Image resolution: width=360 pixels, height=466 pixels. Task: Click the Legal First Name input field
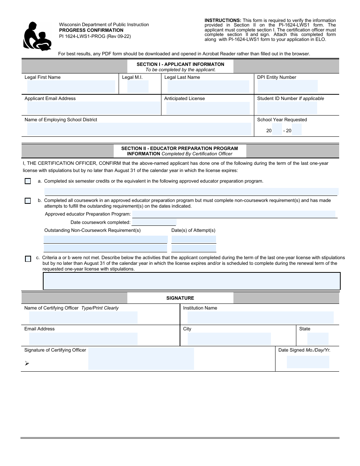click(x=71, y=87)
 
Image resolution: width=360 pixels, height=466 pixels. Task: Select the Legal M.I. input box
click(x=138, y=87)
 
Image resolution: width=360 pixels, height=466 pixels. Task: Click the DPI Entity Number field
click(x=287, y=86)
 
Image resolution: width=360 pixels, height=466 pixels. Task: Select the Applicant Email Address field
click(x=94, y=108)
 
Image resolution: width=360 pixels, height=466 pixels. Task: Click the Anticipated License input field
click(x=208, y=108)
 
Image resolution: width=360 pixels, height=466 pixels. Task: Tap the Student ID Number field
click(x=287, y=108)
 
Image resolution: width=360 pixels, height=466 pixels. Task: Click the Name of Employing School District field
click(x=139, y=129)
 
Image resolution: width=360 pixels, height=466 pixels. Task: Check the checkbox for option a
click(x=28, y=181)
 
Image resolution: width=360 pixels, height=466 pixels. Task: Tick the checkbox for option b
click(x=28, y=201)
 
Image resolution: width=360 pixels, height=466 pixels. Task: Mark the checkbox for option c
click(x=28, y=259)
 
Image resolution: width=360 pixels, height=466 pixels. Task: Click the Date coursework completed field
click(x=153, y=222)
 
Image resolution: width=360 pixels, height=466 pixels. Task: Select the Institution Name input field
click(x=260, y=317)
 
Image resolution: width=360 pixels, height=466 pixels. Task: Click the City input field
click(x=229, y=339)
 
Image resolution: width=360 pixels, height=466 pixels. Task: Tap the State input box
click(x=318, y=339)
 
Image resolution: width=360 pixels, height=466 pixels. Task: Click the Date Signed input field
click(x=308, y=362)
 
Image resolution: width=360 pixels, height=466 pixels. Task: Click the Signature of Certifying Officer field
click(x=141, y=358)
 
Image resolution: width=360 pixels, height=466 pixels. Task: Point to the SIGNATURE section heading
click(x=180, y=298)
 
